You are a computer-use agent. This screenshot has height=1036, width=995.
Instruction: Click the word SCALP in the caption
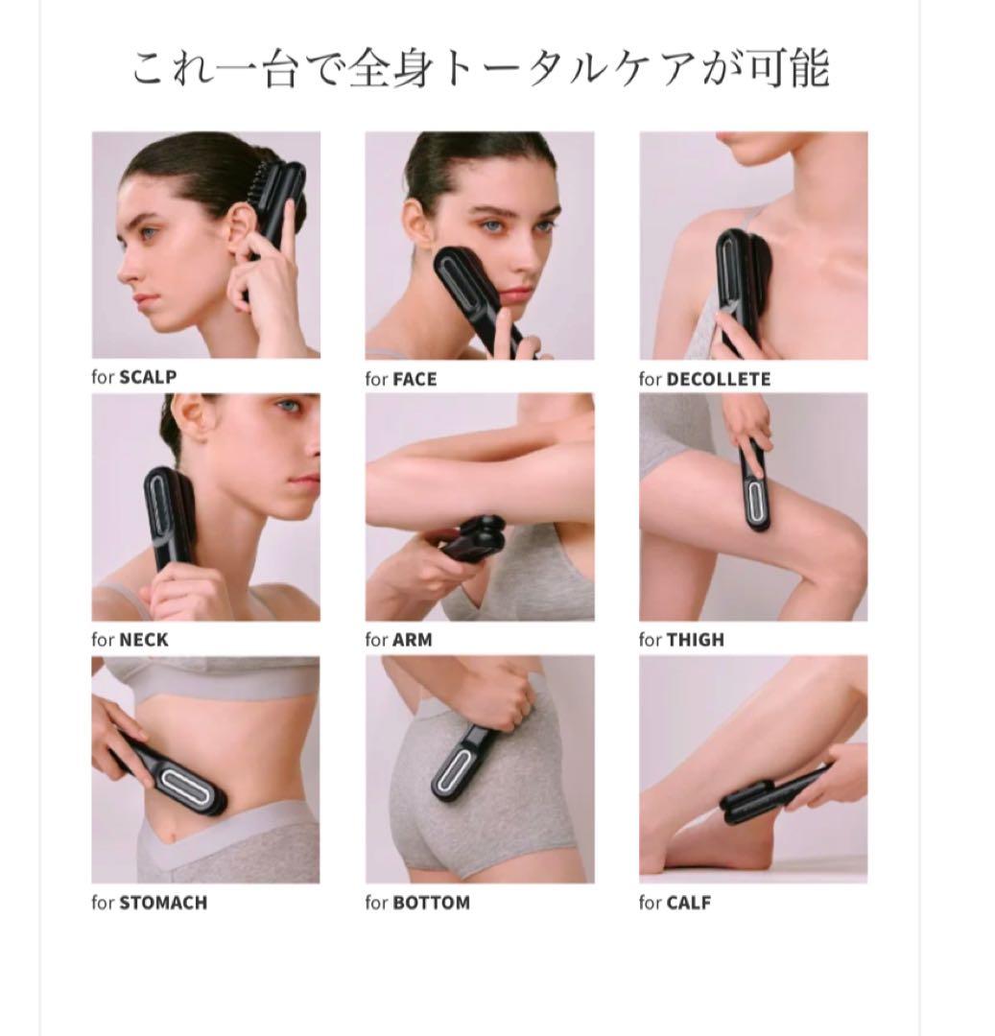tap(148, 377)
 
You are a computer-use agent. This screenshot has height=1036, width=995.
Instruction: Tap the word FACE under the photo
tap(415, 379)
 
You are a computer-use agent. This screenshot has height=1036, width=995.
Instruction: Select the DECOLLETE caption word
tap(719, 379)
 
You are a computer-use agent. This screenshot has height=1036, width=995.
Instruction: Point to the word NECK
tap(144, 640)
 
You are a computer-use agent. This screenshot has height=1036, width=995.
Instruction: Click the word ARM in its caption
tap(413, 640)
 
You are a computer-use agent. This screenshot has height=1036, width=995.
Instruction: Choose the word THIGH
tap(696, 640)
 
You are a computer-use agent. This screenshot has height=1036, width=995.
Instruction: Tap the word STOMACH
tap(163, 904)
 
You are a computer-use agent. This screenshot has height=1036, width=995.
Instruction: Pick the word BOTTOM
tap(432, 904)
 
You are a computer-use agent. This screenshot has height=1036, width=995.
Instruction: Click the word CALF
tap(689, 904)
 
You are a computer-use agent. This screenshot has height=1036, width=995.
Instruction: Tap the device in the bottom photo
tap(462, 760)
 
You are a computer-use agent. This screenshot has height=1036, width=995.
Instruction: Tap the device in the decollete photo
tap(737, 284)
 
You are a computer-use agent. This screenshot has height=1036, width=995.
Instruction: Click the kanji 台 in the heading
tap(280, 69)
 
